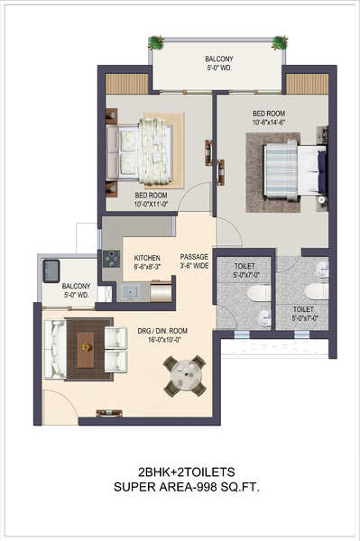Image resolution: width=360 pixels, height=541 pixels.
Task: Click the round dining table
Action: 185,376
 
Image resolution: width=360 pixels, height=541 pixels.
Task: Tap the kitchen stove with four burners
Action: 112,259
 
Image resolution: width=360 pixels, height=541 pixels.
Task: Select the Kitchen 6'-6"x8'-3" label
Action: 147,261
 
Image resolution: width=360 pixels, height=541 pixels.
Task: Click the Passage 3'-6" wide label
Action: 194,261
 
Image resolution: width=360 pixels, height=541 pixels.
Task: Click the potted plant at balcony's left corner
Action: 156,42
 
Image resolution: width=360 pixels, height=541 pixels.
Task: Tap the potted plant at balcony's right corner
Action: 279,42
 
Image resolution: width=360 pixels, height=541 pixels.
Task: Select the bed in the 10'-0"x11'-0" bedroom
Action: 140,151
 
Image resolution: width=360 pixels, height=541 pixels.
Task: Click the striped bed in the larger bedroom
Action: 294,170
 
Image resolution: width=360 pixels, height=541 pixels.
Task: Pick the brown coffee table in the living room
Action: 85,349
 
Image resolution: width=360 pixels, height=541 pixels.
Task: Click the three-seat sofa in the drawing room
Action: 54,349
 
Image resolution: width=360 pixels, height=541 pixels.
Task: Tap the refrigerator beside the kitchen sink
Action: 161,291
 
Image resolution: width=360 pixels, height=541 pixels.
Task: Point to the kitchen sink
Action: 129,292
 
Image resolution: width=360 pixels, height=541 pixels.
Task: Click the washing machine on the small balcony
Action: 51,271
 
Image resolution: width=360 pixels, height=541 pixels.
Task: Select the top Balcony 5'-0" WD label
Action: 219,63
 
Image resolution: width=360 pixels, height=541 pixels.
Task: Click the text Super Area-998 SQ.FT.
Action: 187,487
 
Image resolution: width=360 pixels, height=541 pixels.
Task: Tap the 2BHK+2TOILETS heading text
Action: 187,472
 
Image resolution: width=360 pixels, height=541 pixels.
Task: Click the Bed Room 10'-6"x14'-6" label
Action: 269,117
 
